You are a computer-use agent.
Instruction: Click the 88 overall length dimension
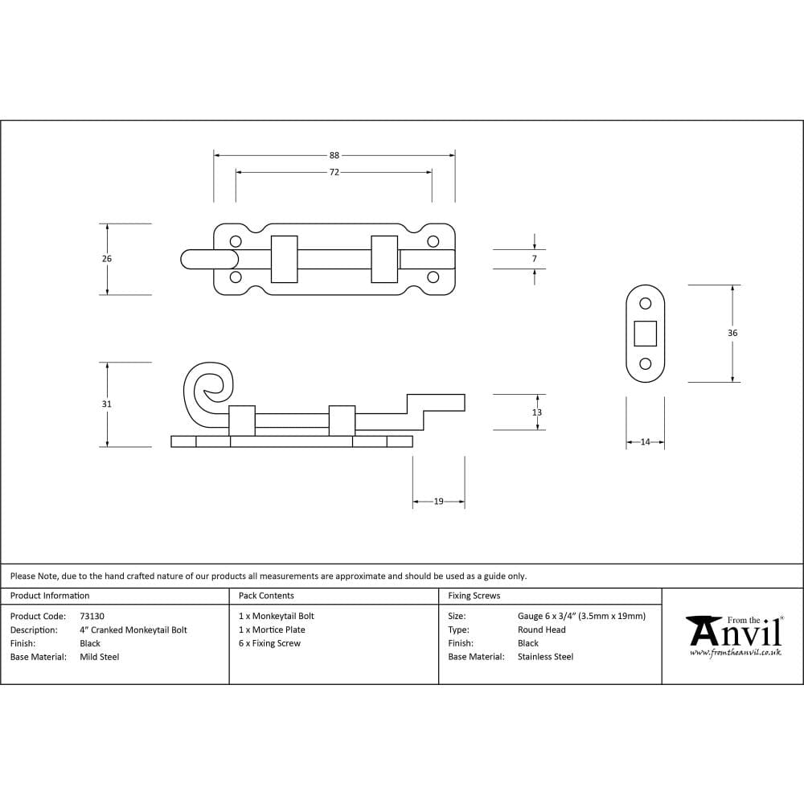pos(334,155)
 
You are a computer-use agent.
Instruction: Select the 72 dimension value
pos(334,173)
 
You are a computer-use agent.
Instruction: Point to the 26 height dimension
pos(107,259)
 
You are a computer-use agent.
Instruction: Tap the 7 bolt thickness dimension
pos(534,259)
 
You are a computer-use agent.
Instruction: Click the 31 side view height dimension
pos(107,404)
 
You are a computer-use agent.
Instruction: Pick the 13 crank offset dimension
pos(537,412)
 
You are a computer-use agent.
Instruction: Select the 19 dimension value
pos(438,502)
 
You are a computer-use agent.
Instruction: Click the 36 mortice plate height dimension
pos(732,333)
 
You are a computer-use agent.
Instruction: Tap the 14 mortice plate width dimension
pos(645,442)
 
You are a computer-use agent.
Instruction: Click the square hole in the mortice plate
pos(645,333)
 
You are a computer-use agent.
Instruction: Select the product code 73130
pos(92,616)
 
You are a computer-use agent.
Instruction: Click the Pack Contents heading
pos(266,596)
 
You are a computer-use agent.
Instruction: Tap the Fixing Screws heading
pos(474,596)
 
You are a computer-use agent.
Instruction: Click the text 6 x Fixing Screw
pos(269,643)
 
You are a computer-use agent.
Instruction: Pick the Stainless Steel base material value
pos(545,657)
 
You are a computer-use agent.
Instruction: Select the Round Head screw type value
pos(541,630)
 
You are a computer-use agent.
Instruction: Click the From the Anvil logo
pos(734,636)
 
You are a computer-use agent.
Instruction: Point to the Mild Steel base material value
pos(100,657)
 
